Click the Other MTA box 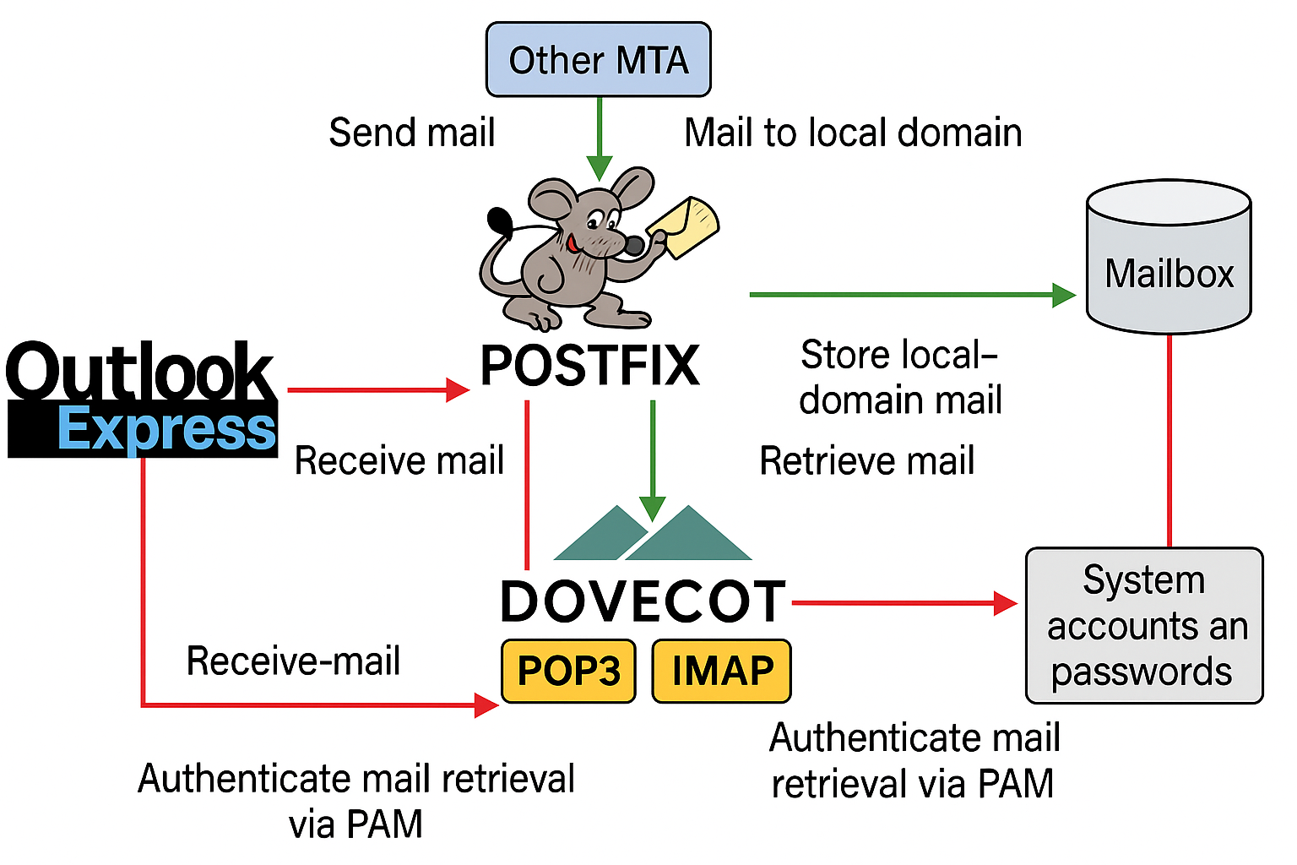pos(598,60)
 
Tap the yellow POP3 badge pos(568,671)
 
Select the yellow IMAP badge pos(722,671)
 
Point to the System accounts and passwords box pos(1144,626)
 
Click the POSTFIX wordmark pos(589,366)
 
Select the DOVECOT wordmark pos(643,601)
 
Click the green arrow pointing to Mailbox pos(912,295)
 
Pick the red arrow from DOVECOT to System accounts pos(904,603)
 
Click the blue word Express pos(166,429)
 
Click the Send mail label pos(411,133)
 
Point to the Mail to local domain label pos(853,133)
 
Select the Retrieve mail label pos(866,461)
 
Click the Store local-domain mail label pos(900,377)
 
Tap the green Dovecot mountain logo pos(653,534)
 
